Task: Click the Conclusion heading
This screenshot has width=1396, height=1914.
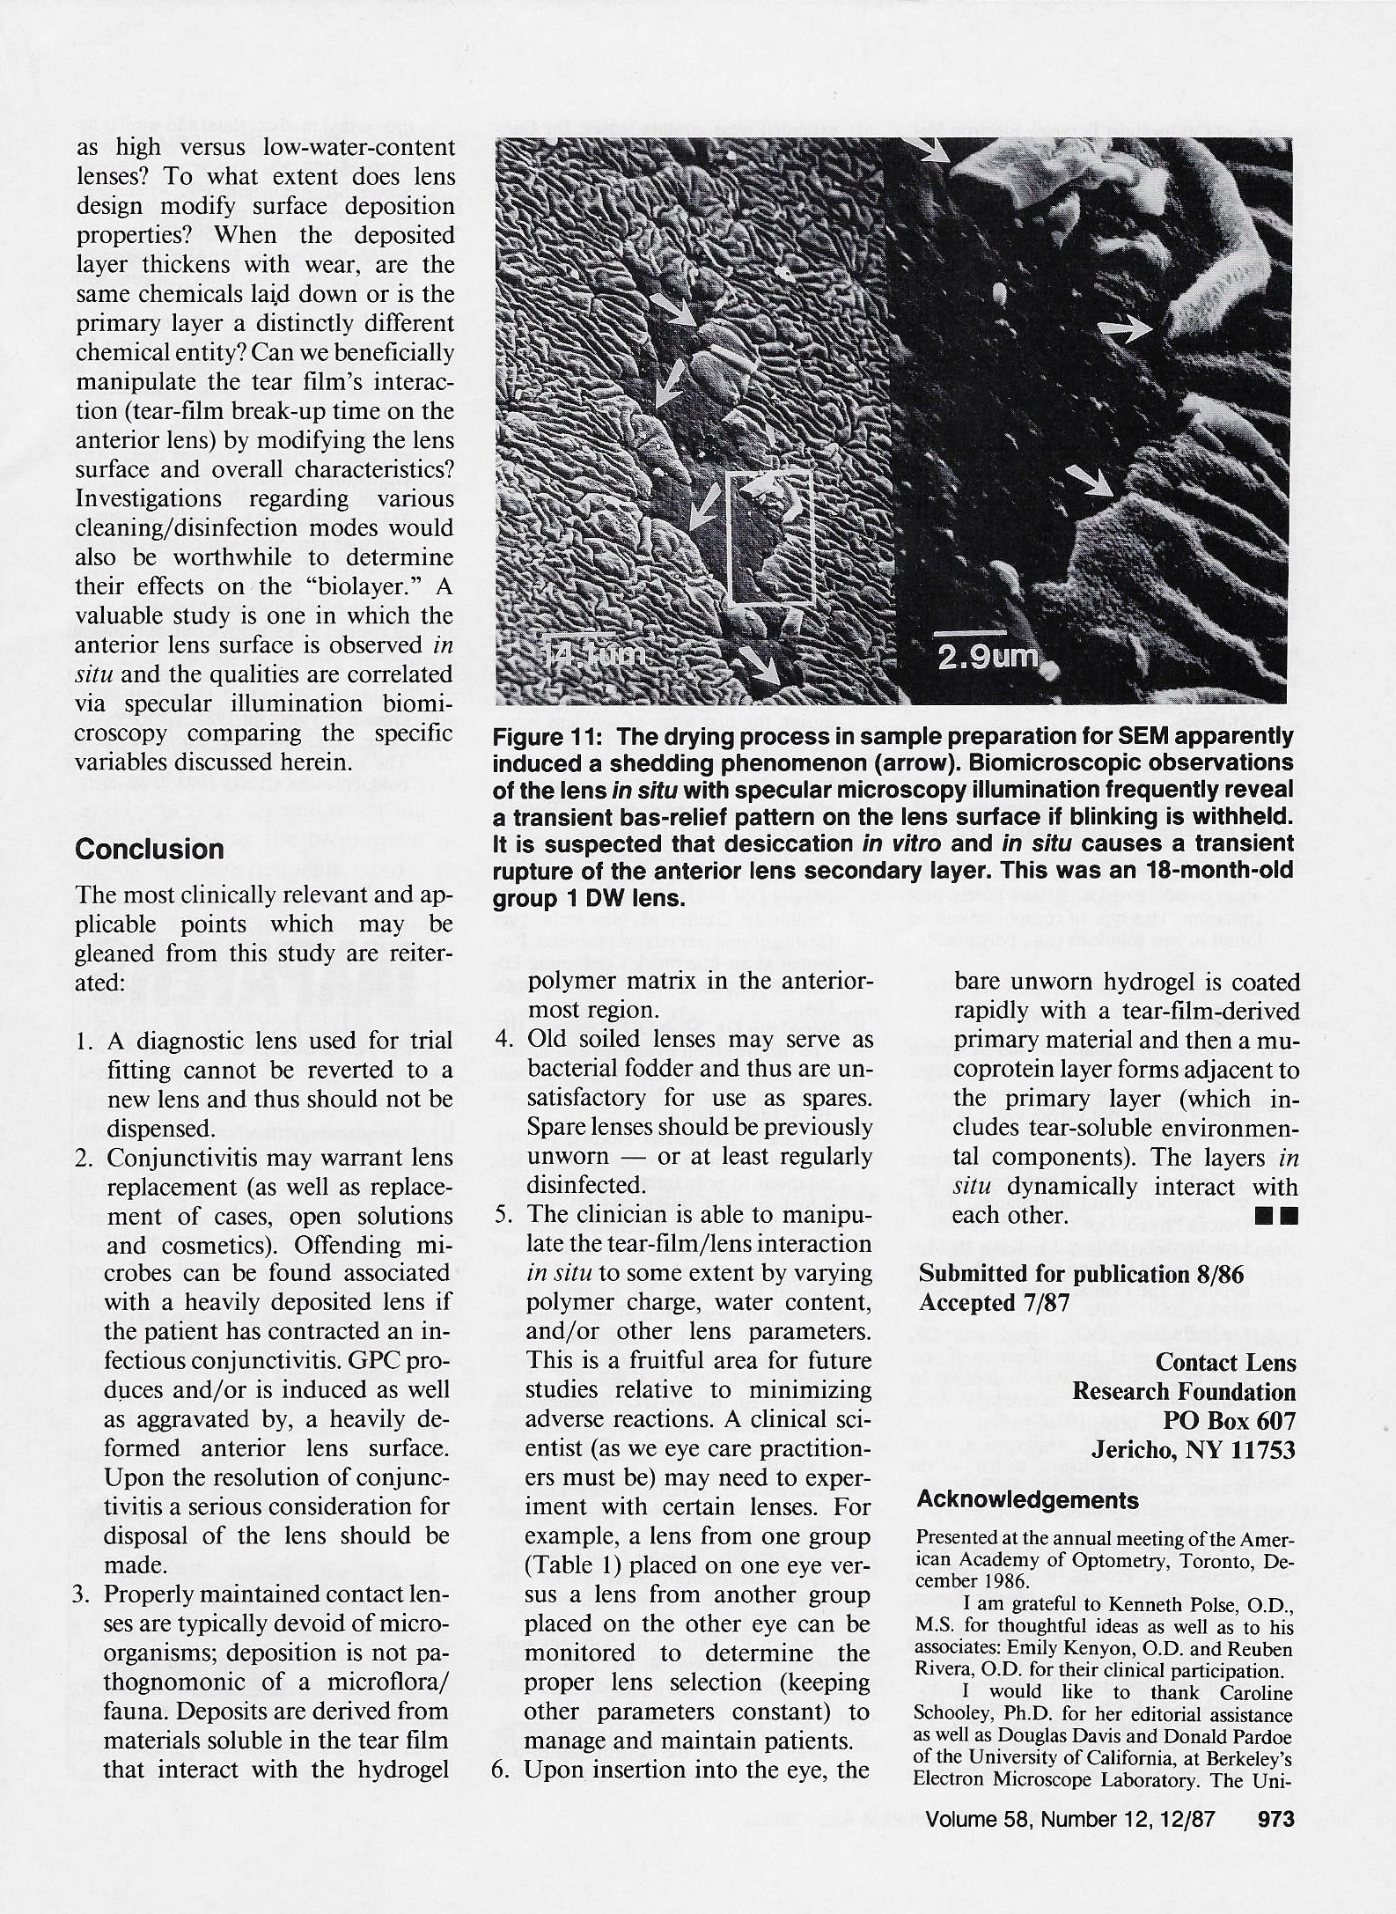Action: click(150, 850)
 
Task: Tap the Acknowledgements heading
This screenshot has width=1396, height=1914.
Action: click(1027, 1500)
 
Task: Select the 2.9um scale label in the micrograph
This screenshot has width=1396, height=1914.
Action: click(987, 659)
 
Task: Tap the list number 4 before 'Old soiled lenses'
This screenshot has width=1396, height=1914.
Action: click(503, 1040)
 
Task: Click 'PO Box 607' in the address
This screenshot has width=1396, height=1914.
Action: click(1230, 1421)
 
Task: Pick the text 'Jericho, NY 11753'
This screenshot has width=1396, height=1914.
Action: click(1194, 1450)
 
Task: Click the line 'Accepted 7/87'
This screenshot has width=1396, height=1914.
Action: click(994, 1303)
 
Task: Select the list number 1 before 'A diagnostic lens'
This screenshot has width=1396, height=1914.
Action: click(83, 1042)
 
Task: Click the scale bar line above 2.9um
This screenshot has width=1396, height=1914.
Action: click(969, 633)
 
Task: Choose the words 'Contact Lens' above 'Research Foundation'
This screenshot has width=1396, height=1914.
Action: click(1225, 1363)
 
